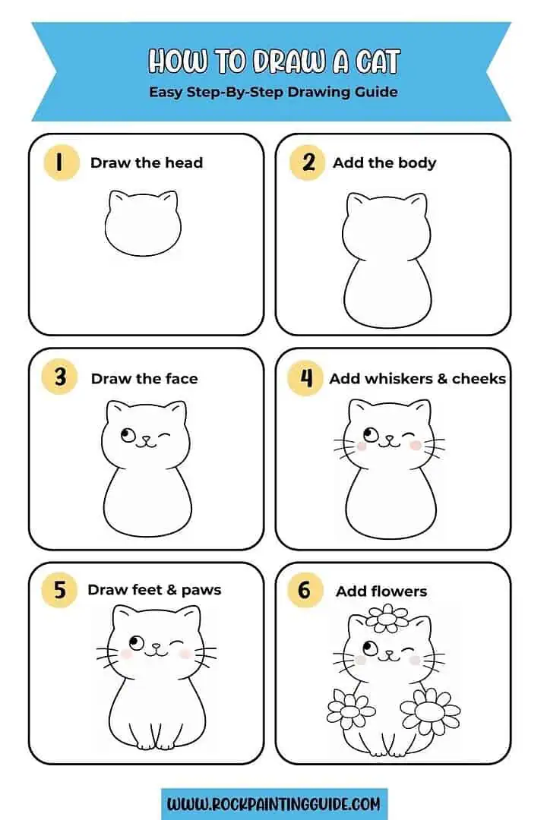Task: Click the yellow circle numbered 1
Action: [x=61, y=162]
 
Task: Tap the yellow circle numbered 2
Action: [x=307, y=162]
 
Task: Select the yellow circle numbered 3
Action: [x=61, y=377]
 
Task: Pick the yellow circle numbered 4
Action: [x=307, y=377]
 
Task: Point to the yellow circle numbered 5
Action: [x=61, y=590]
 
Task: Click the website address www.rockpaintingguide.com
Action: [x=274, y=803]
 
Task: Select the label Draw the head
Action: [x=147, y=162]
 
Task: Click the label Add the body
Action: [x=384, y=162]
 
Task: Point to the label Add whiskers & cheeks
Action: [x=417, y=378]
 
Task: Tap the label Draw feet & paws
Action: [x=154, y=590]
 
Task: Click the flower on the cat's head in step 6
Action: [x=387, y=618]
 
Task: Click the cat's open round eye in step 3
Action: [x=128, y=436]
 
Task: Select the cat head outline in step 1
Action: [x=143, y=223]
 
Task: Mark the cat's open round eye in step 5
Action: [x=137, y=644]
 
